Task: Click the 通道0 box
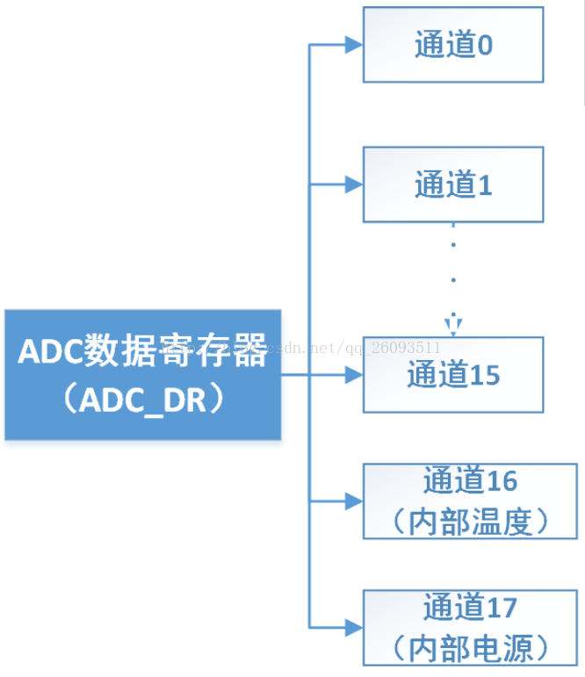coord(453,45)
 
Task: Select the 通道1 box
coord(453,184)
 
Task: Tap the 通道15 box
coord(453,375)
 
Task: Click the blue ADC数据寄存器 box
coord(142,375)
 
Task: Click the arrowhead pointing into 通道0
coord(353,45)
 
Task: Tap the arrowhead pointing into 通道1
coord(353,184)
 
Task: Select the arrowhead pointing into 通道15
coord(353,375)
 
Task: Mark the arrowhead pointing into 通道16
coord(353,501)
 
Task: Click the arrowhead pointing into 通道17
coord(353,627)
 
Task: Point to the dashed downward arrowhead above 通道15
coord(453,328)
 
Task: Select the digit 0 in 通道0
coord(484,46)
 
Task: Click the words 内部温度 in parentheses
coord(471,522)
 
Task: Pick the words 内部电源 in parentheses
coord(471,649)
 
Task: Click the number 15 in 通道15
coord(484,376)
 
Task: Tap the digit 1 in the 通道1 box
coord(484,185)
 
